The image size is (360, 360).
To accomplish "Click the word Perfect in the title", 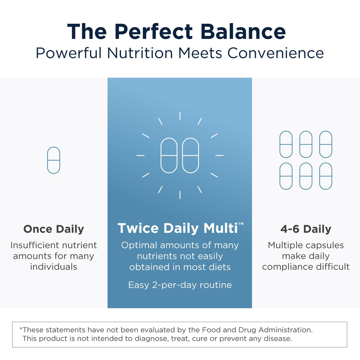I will [153, 32].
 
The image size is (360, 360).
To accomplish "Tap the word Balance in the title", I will [243, 32].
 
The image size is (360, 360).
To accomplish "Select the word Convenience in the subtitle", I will [276, 53].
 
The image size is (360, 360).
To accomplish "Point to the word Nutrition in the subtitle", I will [140, 53].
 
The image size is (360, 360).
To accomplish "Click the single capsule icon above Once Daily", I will [54, 160].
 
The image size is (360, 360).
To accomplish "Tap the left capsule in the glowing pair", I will [169, 155].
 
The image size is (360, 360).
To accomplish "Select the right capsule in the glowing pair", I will [190, 155].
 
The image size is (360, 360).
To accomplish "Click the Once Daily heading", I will [54, 229].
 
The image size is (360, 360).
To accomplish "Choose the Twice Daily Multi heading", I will [178, 228].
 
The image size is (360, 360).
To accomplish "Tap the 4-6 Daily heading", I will [306, 229].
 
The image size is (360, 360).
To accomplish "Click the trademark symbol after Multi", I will [241, 224].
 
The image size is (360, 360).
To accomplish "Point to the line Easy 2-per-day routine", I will [180, 285].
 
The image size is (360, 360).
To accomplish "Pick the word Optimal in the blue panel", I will [137, 245].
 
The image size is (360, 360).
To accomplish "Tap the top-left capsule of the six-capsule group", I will [286, 144].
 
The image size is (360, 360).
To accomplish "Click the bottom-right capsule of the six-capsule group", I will [326, 176].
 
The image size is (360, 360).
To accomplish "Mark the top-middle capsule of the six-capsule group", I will [306, 144].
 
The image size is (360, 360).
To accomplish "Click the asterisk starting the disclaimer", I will [21, 329].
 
